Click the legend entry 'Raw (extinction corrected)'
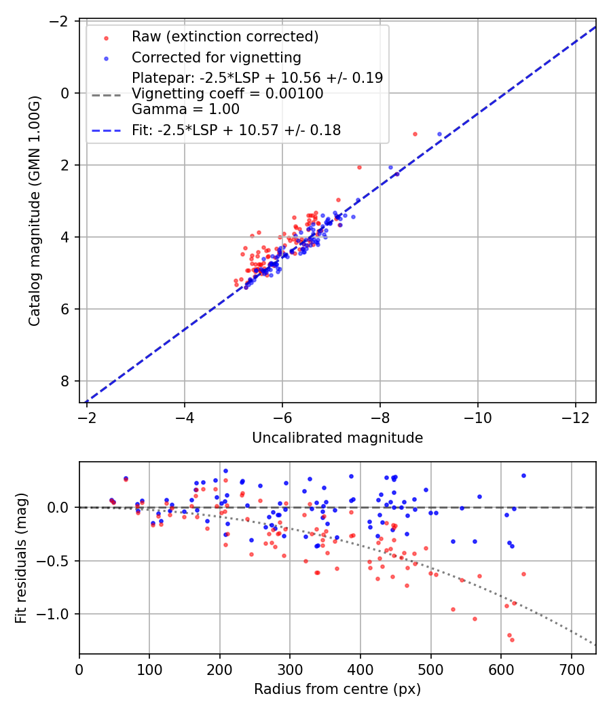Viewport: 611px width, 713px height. coord(225,36)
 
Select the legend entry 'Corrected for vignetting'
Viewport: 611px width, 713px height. coord(216,57)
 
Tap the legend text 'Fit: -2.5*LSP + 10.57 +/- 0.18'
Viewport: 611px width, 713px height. coord(236,130)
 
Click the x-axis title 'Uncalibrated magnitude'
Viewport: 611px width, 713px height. coord(337,438)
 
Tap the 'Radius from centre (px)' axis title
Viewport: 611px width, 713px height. coord(337,689)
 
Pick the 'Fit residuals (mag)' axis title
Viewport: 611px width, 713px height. coord(21,558)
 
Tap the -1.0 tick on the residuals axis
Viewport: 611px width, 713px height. coord(58,614)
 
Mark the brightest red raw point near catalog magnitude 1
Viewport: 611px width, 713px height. coord(415,134)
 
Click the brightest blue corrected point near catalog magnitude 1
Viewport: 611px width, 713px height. coord(439,134)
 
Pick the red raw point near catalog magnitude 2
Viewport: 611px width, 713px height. coord(359,167)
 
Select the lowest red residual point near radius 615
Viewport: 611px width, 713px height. coord(512,640)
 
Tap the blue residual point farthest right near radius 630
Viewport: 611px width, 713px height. coord(523,475)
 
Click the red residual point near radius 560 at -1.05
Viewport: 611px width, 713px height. coord(475,619)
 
